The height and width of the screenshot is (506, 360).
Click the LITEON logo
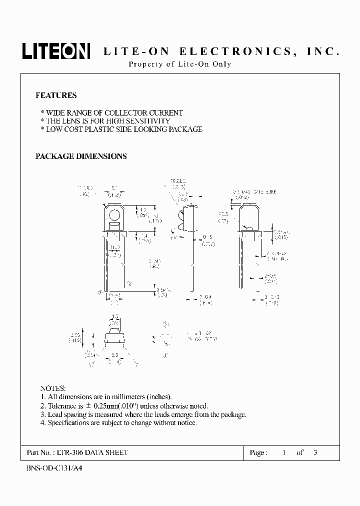pos(55,51)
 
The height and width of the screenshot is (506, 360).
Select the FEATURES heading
pos(56,95)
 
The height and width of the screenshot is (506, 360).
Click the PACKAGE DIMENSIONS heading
pos(81,156)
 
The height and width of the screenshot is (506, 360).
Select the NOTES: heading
pos(52,388)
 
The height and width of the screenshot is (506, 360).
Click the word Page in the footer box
pos(257,452)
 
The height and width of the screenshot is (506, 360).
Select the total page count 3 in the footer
pos(315,452)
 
